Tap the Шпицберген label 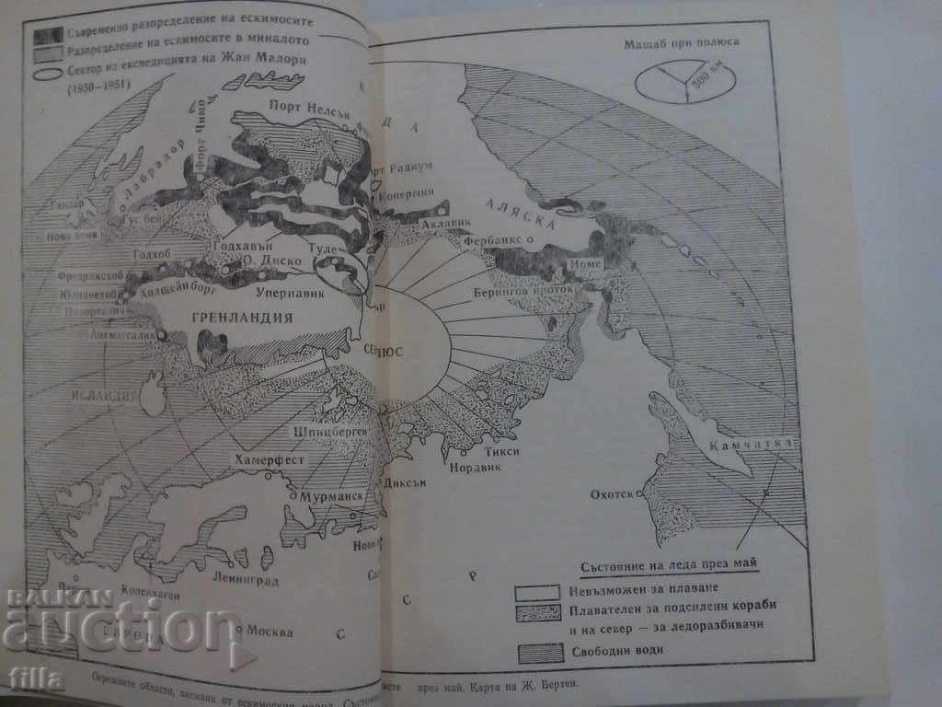click(328, 430)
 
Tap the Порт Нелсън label click(299, 103)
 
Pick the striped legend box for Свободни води click(538, 653)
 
